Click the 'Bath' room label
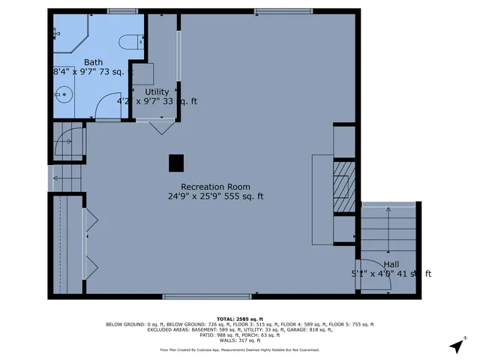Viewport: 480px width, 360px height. (x=93, y=62)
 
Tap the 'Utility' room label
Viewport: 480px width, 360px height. (x=157, y=91)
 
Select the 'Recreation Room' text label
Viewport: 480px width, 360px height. (x=215, y=187)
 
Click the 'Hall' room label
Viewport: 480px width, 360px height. (x=391, y=265)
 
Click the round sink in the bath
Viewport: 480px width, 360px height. (x=64, y=94)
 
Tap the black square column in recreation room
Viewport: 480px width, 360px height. (x=176, y=163)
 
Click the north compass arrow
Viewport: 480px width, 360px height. (x=455, y=346)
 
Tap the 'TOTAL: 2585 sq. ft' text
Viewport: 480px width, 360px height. (x=239, y=318)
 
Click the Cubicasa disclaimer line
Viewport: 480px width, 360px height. (x=239, y=349)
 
